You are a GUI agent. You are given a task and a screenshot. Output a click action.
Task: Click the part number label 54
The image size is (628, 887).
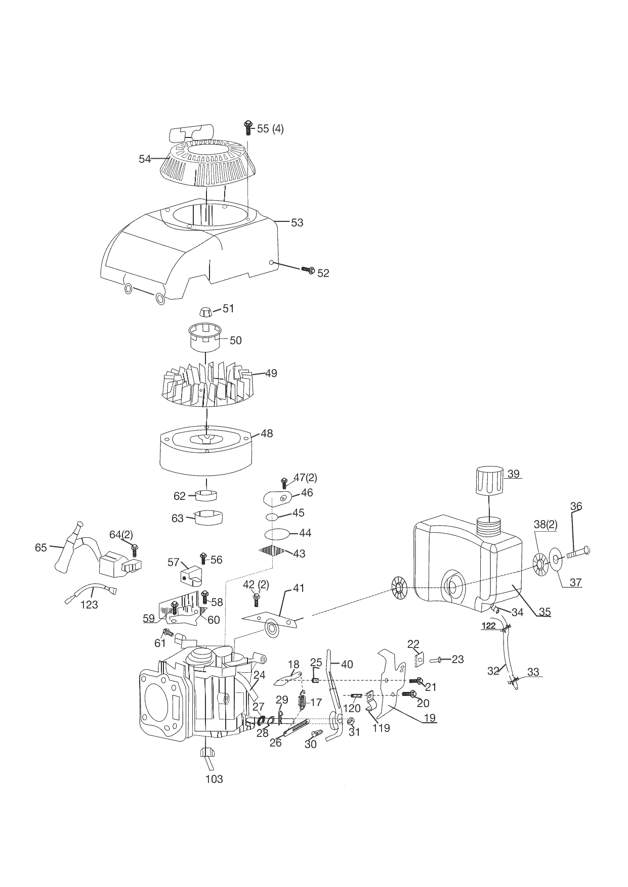(145, 159)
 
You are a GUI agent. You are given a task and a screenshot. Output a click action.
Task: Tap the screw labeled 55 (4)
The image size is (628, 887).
(248, 127)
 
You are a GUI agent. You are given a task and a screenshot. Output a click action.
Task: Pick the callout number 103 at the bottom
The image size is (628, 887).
(214, 779)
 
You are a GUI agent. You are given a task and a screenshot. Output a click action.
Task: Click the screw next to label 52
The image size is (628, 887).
(308, 270)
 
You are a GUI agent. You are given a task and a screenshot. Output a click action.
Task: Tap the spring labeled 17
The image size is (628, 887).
(303, 702)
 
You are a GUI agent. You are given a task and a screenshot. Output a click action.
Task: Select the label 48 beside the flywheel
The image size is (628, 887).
(267, 433)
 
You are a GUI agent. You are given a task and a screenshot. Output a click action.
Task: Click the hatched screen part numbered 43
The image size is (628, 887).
(273, 550)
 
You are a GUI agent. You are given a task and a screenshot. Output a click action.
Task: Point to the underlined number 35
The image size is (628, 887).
(545, 612)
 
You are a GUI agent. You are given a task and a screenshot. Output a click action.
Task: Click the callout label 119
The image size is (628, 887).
(381, 728)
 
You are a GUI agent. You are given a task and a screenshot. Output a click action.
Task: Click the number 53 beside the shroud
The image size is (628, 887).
(297, 222)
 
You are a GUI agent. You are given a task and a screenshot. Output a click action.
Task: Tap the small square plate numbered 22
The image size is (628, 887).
(419, 661)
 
